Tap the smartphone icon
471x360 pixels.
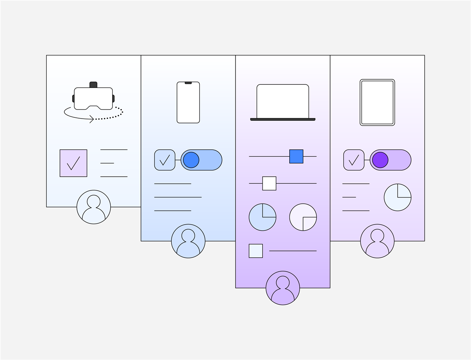tap(188, 102)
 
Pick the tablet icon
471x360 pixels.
tap(377, 102)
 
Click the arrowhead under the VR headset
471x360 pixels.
tap(92, 118)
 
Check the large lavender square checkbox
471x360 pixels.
tap(73, 163)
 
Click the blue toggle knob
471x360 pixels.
tap(191, 160)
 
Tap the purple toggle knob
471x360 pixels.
tap(380, 160)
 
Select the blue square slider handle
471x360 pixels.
tap(296, 156)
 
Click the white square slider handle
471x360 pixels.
tap(269, 183)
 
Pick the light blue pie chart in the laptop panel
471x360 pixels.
tap(263, 217)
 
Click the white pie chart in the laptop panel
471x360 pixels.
tap(303, 217)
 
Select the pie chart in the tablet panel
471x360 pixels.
tap(398, 197)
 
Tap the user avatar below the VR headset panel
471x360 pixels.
tap(93, 207)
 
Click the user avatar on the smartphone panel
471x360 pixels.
tap(188, 241)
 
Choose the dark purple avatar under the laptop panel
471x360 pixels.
tap(283, 288)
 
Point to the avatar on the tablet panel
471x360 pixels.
tap(377, 241)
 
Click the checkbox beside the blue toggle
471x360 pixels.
tap(165, 160)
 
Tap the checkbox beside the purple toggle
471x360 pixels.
tap(354, 160)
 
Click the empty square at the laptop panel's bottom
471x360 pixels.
tap(256, 251)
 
